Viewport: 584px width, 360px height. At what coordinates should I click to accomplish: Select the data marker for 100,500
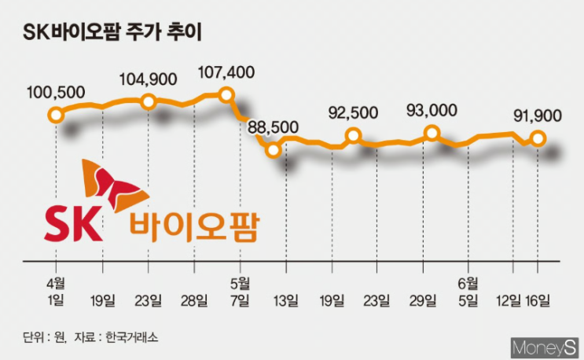click(x=55, y=116)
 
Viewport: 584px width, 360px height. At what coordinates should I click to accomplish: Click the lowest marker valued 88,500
click(x=273, y=149)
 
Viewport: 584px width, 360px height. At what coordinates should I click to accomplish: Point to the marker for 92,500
click(x=353, y=136)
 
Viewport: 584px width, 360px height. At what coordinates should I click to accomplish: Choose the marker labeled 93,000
click(x=432, y=134)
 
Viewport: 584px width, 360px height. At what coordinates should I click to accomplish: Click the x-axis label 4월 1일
click(x=56, y=291)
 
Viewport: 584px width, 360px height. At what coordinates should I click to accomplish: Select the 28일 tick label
click(x=195, y=299)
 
